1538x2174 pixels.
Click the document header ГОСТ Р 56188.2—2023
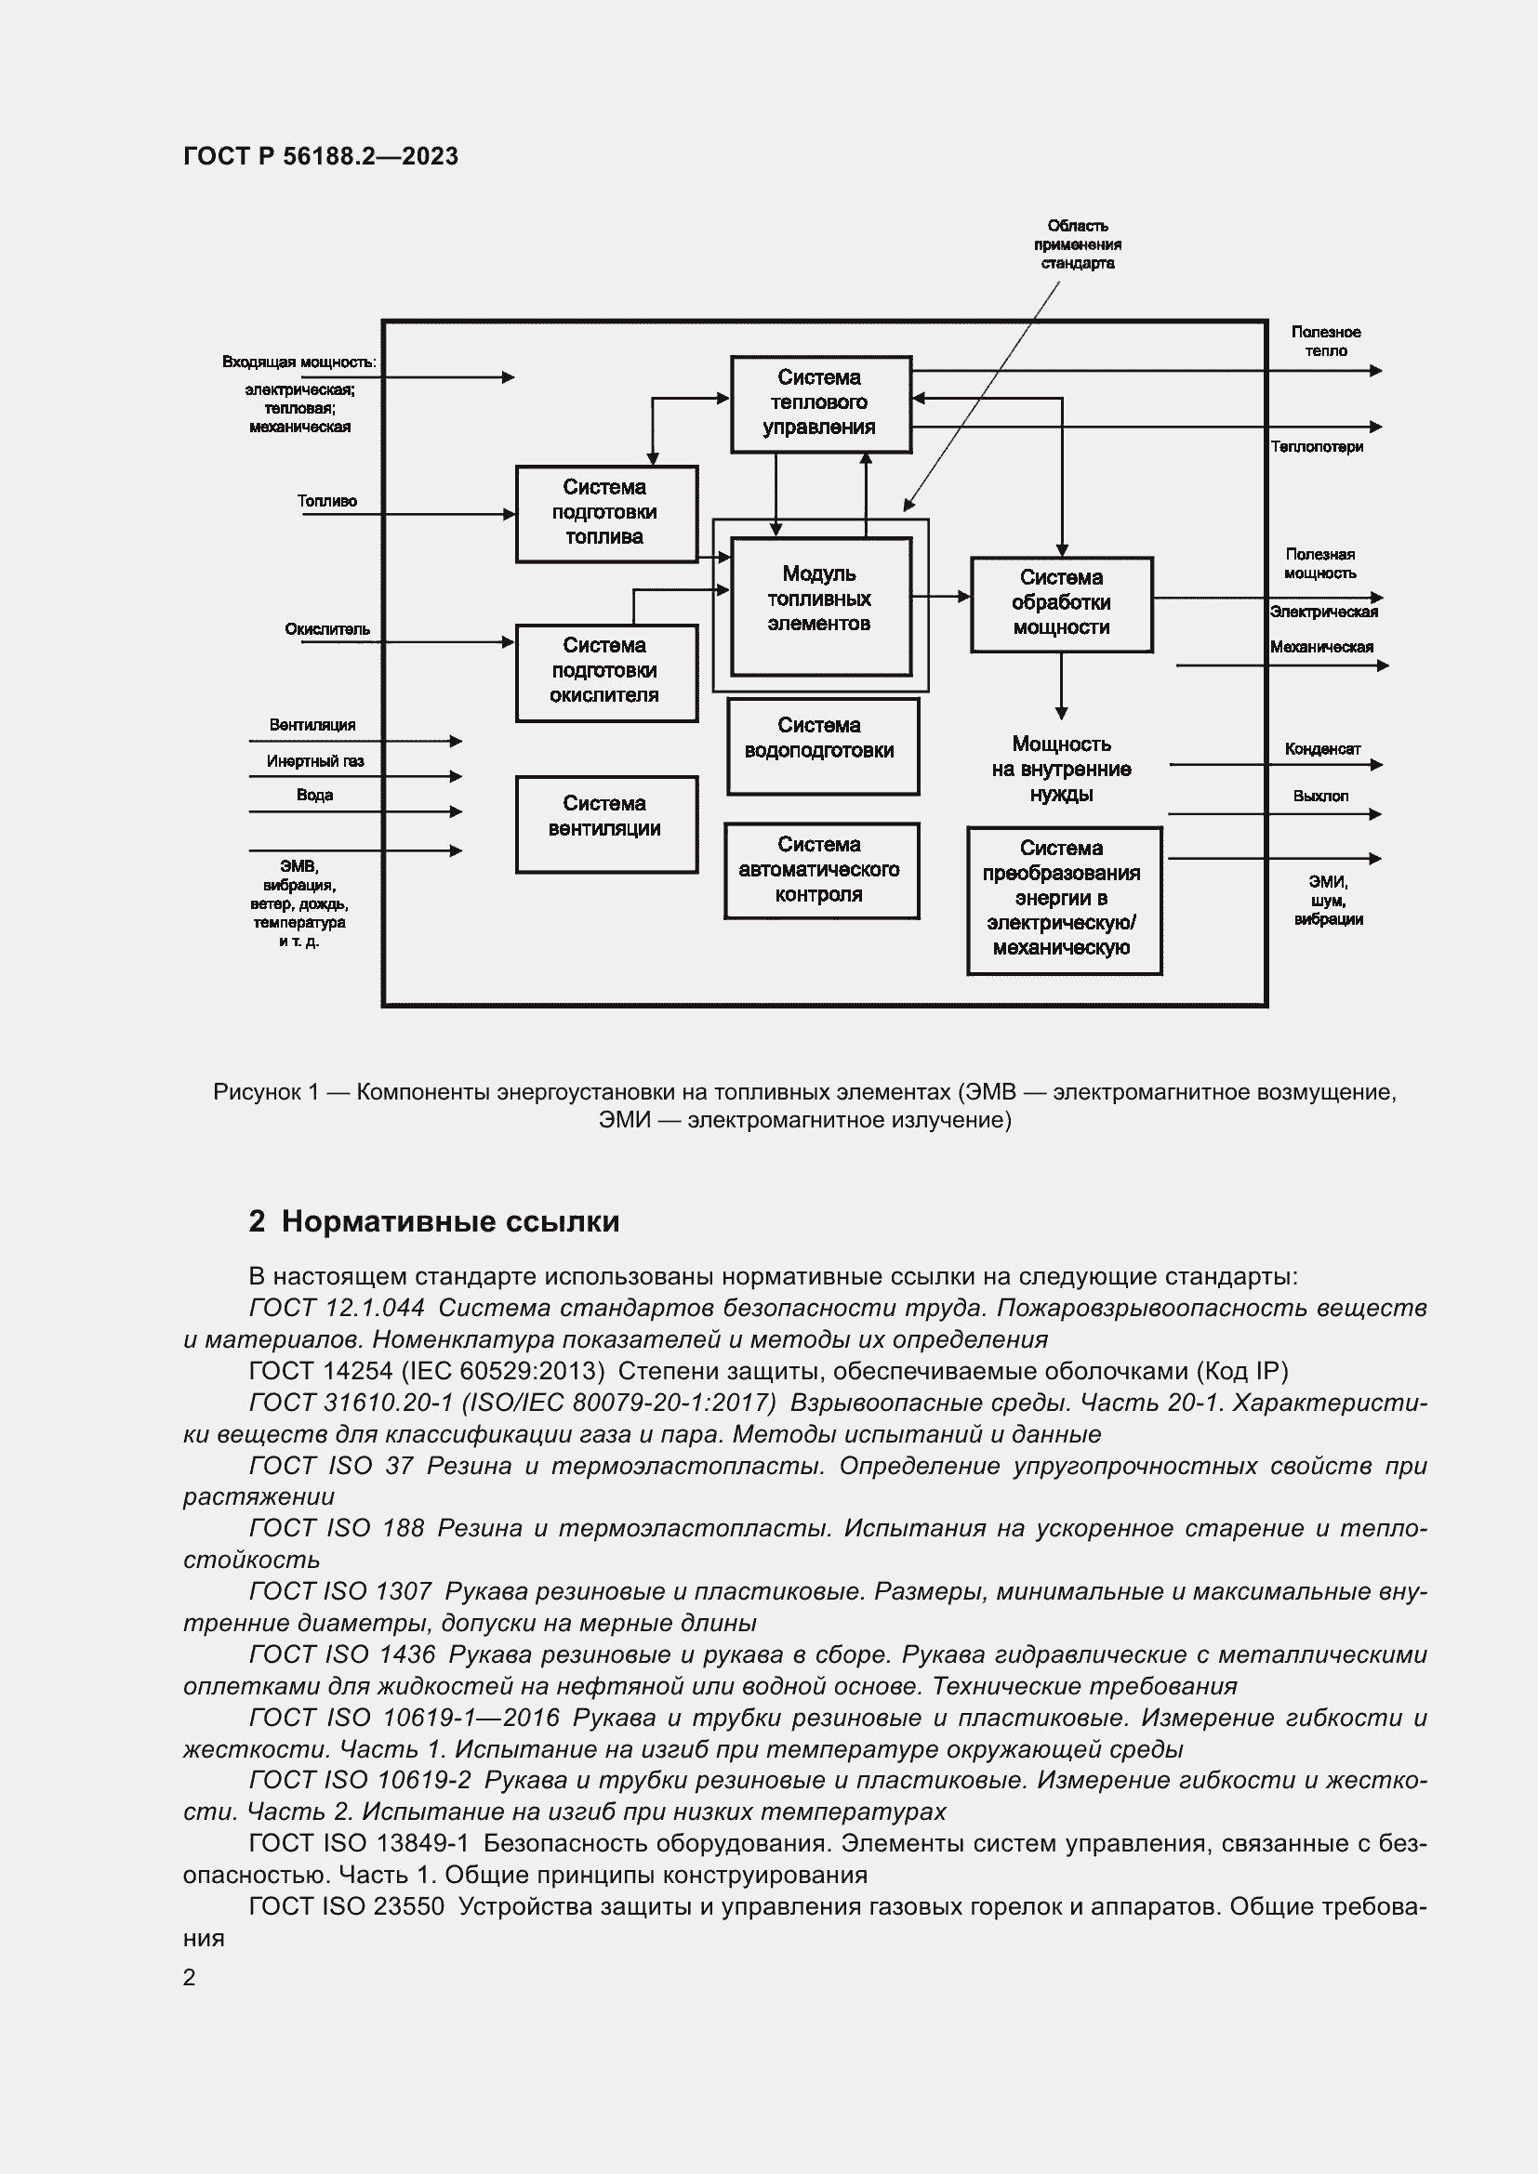(x=320, y=156)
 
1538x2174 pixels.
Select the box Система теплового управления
(x=820, y=403)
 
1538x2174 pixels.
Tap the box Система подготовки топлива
(x=606, y=512)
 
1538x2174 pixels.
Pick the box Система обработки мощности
(x=1061, y=603)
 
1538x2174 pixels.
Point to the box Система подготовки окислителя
(x=606, y=671)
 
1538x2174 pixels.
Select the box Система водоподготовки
(x=821, y=745)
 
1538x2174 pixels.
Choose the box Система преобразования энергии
(x=1063, y=900)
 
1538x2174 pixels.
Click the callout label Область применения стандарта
(x=1078, y=244)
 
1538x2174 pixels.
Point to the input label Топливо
(x=326, y=501)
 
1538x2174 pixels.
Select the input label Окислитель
(x=326, y=629)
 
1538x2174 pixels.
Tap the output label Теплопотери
(x=1317, y=447)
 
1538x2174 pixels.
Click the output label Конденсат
(x=1322, y=749)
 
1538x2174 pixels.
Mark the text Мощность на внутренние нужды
(x=1061, y=769)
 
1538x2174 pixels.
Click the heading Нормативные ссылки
(x=450, y=1221)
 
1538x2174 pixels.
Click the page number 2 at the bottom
(x=190, y=1977)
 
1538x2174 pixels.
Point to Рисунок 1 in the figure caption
(x=265, y=1092)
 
